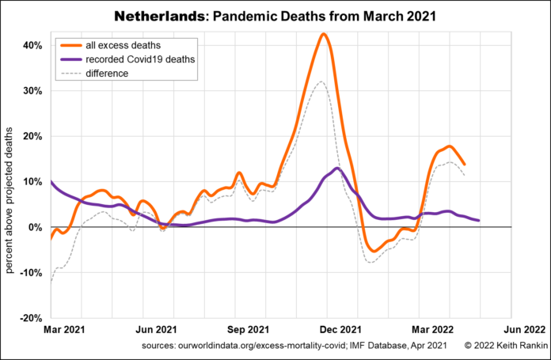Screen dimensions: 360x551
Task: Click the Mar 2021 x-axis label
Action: point(65,327)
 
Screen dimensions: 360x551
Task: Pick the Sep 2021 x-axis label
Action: point(249,327)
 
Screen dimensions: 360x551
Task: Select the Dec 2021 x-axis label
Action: point(340,327)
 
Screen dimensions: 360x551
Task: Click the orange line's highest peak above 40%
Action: point(324,34)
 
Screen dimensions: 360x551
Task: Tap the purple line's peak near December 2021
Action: point(337,168)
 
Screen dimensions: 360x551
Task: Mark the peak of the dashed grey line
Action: point(321,81)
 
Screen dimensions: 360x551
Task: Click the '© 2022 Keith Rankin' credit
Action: point(502,345)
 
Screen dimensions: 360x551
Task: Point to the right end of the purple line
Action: point(478,220)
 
